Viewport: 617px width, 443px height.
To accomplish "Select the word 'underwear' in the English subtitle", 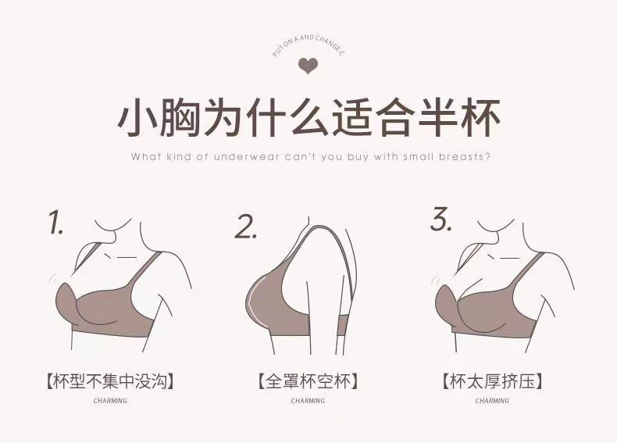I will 234,156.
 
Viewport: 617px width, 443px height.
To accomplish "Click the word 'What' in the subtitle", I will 145,156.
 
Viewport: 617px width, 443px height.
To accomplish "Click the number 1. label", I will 56,223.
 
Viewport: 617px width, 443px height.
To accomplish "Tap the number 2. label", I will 247,227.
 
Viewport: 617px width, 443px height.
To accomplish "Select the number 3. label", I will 441,220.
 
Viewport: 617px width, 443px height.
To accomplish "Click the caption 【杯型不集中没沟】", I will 109,382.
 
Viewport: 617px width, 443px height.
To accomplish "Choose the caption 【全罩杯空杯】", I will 308,382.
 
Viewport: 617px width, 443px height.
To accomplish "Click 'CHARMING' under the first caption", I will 109,401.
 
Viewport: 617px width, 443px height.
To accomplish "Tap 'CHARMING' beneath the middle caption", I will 308,401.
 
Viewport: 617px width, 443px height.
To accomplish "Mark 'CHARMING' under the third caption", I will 492,401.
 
